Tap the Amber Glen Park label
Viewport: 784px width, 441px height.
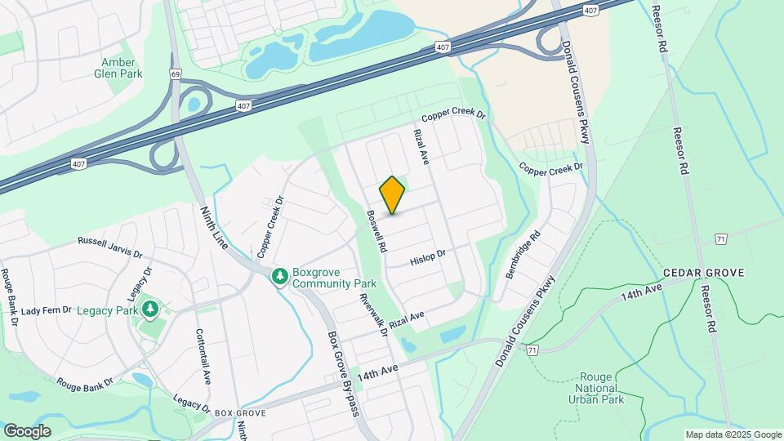[122, 68]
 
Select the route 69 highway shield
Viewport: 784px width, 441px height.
[176, 74]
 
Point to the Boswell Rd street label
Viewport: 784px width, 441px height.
[376, 230]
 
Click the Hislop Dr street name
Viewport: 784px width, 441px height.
[428, 257]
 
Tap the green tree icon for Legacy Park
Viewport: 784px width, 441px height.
[149, 309]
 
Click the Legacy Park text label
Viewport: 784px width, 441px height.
[108, 310]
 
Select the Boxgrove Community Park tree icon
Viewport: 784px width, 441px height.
[280, 277]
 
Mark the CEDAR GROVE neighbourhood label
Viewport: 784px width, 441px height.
[703, 273]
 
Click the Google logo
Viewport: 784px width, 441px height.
[27, 431]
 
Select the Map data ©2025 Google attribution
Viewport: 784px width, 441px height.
[733, 434]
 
